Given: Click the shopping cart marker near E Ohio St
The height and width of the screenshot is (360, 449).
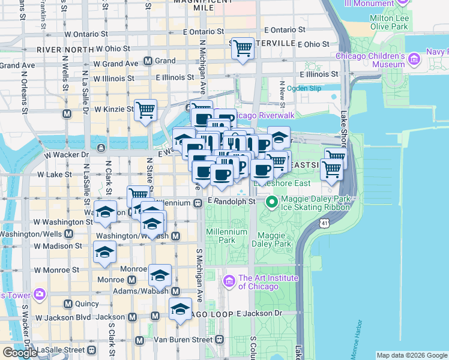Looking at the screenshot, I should [x=243, y=48].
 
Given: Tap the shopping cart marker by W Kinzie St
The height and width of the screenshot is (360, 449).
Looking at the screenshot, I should [x=145, y=110].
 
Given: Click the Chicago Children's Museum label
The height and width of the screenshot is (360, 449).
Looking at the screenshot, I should [x=370, y=60].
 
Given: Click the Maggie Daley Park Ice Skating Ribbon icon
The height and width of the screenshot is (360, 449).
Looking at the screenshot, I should [x=271, y=202].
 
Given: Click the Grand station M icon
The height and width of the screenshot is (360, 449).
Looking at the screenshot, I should [x=148, y=61].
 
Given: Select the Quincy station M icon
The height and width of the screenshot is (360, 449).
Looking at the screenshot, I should [x=68, y=304].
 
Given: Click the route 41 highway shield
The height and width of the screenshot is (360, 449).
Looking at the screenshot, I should [x=325, y=223].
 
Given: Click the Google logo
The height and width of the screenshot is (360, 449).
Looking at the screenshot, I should [x=20, y=353].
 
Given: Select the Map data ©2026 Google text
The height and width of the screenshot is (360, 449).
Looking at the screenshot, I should [x=411, y=355].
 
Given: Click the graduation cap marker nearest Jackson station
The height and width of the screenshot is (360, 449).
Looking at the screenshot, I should [x=179, y=309].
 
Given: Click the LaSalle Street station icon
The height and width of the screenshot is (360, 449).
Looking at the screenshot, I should [x=91, y=350].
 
